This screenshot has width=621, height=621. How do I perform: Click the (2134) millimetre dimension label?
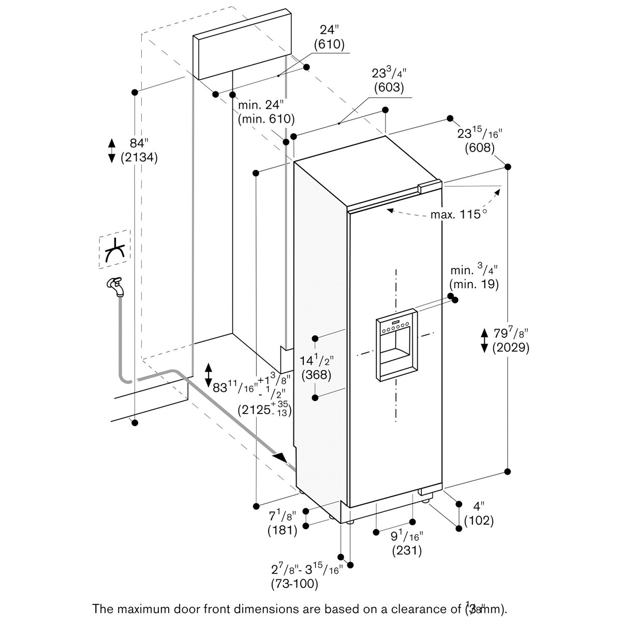tap(139, 158)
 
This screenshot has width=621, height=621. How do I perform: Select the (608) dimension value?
tap(479, 147)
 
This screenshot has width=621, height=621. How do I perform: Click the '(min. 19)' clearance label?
tap(474, 284)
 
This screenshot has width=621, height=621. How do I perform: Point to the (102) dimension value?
tap(479, 522)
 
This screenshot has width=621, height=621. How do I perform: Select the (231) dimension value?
tap(407, 550)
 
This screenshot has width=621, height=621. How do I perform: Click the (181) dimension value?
tap(282, 529)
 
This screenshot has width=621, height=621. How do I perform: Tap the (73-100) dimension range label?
tap(294, 584)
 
